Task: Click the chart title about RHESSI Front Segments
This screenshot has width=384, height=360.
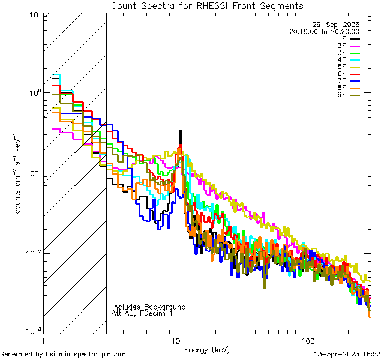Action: (207, 5)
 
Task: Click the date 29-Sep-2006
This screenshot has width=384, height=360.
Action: (339, 25)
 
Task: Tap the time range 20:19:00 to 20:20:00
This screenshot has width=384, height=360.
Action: (324, 31)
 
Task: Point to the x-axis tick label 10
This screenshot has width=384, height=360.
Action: (176, 340)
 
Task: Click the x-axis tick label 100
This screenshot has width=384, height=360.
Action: (307, 340)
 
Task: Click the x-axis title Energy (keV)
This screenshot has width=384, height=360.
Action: (206, 349)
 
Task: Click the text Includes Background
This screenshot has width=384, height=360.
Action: (149, 307)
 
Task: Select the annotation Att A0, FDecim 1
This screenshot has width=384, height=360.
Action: (142, 313)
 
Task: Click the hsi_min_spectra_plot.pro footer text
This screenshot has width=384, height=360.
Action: (63, 355)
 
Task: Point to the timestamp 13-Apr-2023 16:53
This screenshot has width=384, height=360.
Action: (347, 355)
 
